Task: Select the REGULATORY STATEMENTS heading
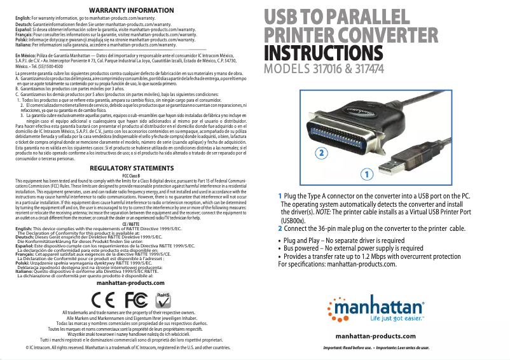point(132,168)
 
